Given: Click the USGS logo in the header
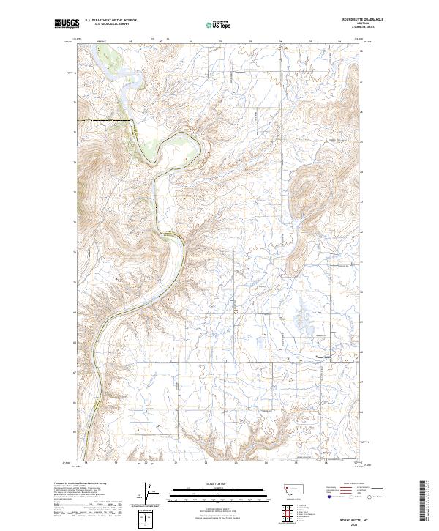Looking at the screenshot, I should point(66,24).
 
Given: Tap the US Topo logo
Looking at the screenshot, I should point(219,25).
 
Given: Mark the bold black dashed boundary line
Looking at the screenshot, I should point(102,119).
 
